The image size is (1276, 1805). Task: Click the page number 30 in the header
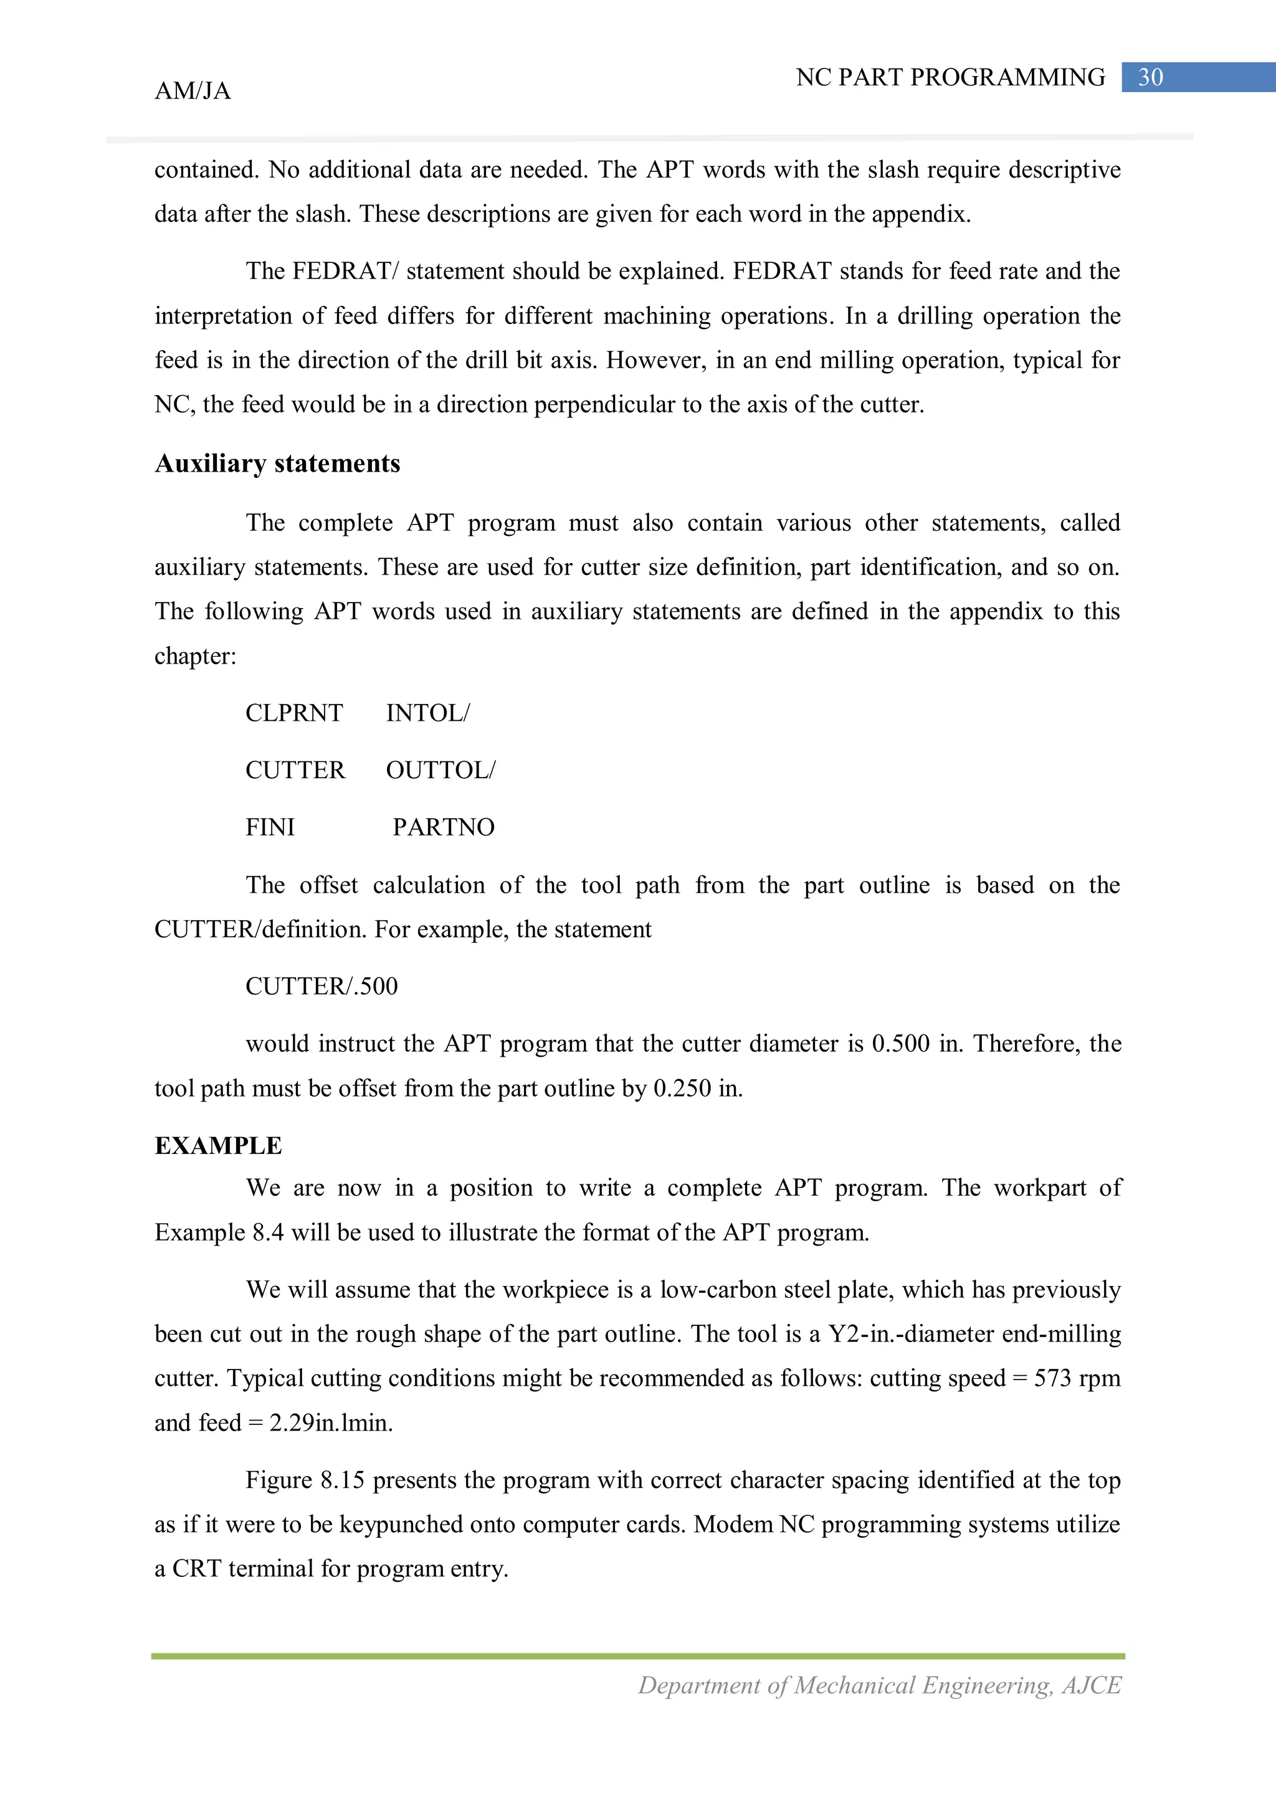pos(1150,77)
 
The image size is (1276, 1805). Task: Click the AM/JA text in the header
pos(193,91)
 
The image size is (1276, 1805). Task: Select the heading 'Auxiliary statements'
pos(277,463)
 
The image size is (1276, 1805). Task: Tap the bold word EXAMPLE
pos(218,1145)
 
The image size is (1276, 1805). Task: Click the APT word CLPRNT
pos(294,713)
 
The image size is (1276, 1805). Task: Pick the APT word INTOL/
pos(427,713)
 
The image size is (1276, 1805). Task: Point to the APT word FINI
pos(270,827)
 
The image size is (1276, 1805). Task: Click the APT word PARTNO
pos(444,827)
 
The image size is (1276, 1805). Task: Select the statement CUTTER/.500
pos(321,986)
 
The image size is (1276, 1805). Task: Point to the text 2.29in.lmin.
pos(331,1423)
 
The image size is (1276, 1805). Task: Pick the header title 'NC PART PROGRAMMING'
pos(950,77)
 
